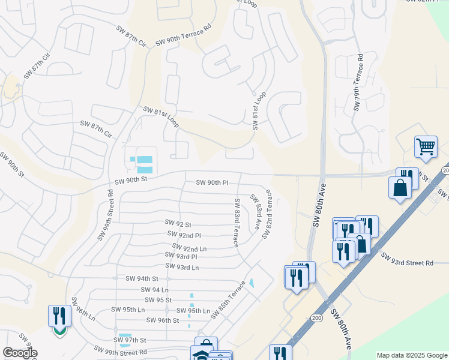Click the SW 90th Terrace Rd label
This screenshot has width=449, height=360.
coord(183,36)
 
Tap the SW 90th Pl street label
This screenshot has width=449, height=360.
coord(212,182)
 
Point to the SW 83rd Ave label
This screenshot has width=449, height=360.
coord(255,207)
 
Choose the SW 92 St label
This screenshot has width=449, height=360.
coord(178,223)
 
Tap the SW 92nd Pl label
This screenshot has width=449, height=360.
coord(184,235)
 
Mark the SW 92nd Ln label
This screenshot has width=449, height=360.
coord(189,247)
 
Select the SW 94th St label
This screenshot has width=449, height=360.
coord(142,278)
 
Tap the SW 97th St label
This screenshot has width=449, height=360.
coord(132,340)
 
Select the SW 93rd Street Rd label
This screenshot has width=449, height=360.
coord(407,260)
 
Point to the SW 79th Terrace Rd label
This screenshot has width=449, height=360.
coord(358,83)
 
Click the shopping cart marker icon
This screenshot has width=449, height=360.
coord(426,146)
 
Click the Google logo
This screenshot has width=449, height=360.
coord(20,353)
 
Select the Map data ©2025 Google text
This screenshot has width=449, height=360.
coord(411,355)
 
